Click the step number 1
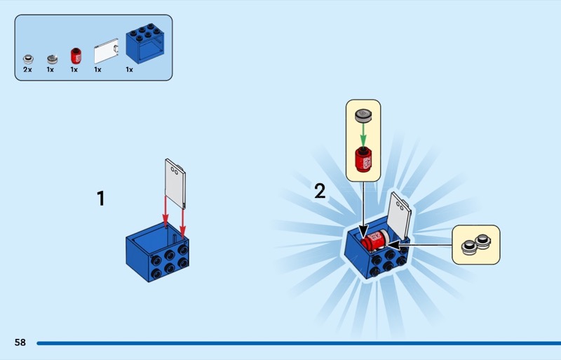coord(100,199)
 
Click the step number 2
coord(320,191)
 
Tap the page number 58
coord(20,342)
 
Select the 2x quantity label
coord(27,70)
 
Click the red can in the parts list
coord(74,56)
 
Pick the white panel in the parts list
coord(106,51)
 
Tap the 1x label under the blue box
coord(130,70)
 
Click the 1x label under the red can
coord(74,70)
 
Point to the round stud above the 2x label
coord(28,59)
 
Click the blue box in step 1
coord(158,253)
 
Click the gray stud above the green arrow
coord(363,115)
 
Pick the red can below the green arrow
coord(363,160)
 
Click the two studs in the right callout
coord(475,245)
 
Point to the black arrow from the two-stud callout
coord(421,245)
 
